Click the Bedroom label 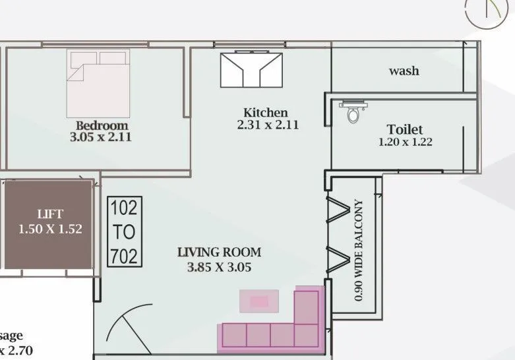[x=102, y=125]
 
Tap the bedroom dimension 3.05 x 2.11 [x=102, y=138]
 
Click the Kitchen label [x=266, y=113]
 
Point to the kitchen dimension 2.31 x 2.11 [x=267, y=125]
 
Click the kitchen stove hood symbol [x=252, y=70]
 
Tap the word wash [x=404, y=71]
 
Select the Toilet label [x=405, y=129]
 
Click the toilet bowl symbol [x=353, y=113]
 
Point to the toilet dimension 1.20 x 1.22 [x=405, y=142]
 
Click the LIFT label [x=50, y=214]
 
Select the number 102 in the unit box [x=124, y=209]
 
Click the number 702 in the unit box [x=124, y=255]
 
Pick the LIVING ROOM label [x=220, y=252]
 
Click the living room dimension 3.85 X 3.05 [x=220, y=267]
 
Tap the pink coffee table [x=259, y=301]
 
